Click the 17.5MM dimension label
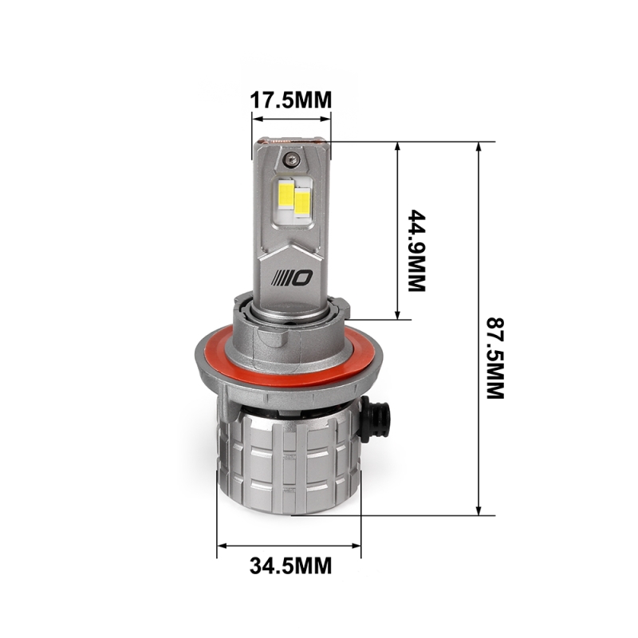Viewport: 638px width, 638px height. tap(291, 100)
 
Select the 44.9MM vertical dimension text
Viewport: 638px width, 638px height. tap(418, 250)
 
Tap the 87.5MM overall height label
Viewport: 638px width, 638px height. tap(495, 358)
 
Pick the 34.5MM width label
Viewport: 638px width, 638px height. tap(290, 566)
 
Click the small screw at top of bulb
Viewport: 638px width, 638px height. tap(293, 157)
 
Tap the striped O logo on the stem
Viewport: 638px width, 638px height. tap(293, 277)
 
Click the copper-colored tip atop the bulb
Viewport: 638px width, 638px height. tap(291, 138)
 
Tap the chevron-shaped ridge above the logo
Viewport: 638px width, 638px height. tap(292, 243)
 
